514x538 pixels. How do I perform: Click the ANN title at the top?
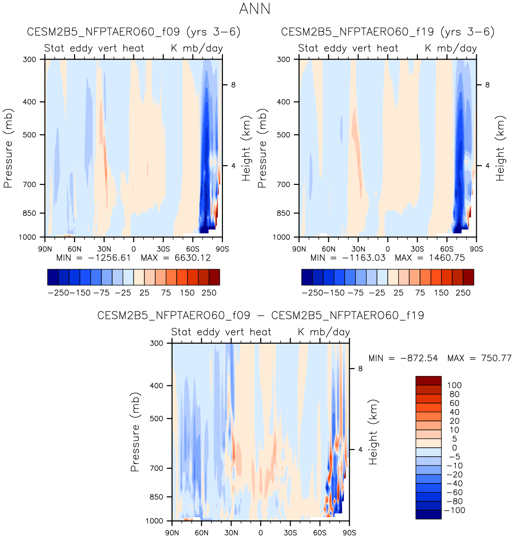255,9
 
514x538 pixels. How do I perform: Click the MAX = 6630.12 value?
176,258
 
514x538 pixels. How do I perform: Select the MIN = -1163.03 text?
348,258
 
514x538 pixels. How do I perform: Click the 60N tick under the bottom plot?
202,533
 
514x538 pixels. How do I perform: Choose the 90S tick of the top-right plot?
476,249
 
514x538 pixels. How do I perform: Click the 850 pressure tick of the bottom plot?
156,497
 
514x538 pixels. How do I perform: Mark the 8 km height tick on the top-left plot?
233,85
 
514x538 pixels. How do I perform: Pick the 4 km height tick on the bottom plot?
361,449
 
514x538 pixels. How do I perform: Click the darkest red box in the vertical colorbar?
428,380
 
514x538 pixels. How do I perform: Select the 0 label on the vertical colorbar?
455,448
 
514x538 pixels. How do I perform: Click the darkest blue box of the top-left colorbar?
53,277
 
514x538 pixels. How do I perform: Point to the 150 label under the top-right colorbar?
441,293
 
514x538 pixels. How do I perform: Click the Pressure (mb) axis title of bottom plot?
135,432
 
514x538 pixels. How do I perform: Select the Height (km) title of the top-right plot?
500,148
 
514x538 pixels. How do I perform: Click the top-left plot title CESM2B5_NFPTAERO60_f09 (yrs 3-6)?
133,32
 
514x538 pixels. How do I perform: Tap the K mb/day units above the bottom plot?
324,332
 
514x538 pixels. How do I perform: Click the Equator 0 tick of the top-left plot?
133,249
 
